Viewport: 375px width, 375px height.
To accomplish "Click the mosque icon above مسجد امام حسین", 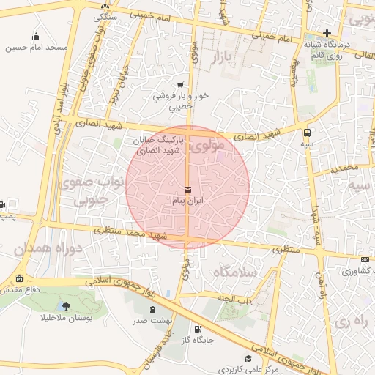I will pos(37,37).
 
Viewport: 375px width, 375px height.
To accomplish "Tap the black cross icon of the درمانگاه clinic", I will pos(327,33).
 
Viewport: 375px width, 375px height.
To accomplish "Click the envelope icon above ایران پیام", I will pos(187,189).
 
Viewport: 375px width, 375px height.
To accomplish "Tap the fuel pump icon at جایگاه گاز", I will pos(197,329).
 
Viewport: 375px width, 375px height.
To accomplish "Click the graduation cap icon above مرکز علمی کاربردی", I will pos(248,358).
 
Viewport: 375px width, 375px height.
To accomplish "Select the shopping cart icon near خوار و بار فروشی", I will pos(179,85).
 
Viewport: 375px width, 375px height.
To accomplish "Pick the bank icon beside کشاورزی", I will pos(365,259).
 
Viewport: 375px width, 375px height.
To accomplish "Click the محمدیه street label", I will pos(344,168).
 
